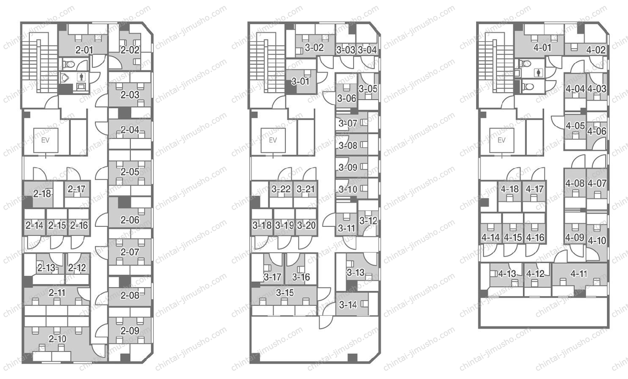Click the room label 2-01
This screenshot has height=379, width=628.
(x=84, y=50)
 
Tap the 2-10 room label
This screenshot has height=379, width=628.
(x=57, y=339)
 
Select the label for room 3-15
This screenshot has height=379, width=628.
(x=284, y=293)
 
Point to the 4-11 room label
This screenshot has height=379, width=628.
(x=579, y=273)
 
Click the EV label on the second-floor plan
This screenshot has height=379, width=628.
(x=45, y=140)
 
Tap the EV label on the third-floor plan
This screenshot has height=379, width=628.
(x=273, y=140)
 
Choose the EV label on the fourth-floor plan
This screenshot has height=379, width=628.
(x=501, y=140)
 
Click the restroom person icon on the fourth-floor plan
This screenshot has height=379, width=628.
(x=538, y=73)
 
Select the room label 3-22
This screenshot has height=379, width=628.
(x=281, y=189)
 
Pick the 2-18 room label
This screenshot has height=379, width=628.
(x=42, y=194)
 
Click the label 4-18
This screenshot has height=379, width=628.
(x=510, y=189)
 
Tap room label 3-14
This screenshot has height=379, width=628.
(x=348, y=305)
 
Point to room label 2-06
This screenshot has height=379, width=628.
(x=130, y=220)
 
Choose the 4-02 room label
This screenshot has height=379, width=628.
(x=596, y=50)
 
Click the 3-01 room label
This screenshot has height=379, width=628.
(x=300, y=81)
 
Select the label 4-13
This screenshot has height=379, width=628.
(x=507, y=273)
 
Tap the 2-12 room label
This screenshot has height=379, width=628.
(x=77, y=268)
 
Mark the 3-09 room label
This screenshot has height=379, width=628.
(x=348, y=167)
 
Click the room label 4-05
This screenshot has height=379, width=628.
(x=575, y=126)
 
